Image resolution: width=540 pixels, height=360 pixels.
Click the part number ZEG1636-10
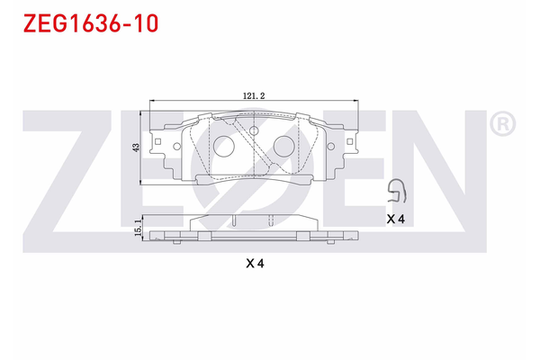tap(85, 22)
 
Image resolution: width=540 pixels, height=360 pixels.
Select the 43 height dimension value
tap(136, 147)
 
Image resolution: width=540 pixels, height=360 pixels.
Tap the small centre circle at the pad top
tap(254, 132)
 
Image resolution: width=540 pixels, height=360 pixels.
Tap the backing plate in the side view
tap(254, 238)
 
